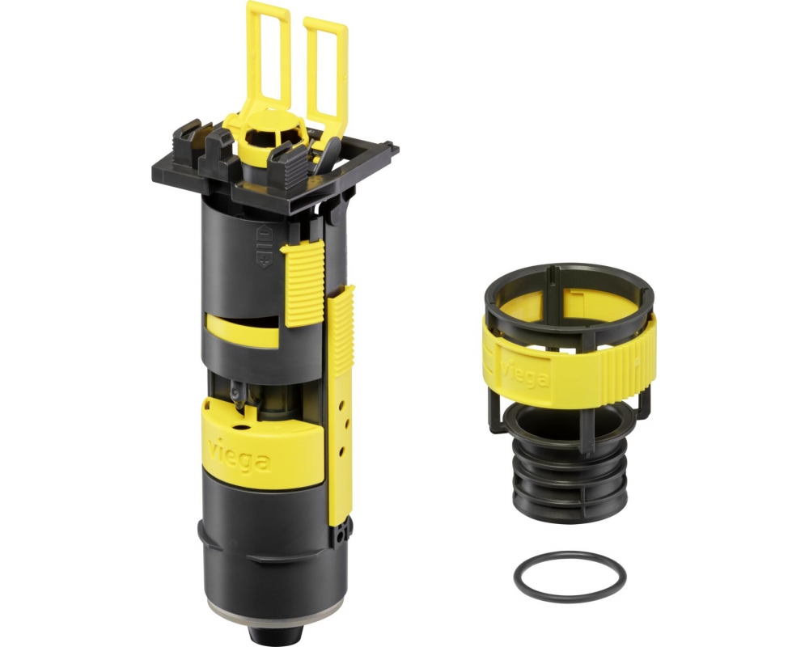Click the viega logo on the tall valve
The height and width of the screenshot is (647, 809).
(238, 455)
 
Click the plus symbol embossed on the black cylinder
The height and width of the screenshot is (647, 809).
(265, 258)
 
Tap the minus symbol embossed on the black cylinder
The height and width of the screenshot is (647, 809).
(263, 235)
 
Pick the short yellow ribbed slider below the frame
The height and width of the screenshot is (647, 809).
(303, 283)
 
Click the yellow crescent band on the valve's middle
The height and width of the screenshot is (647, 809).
(242, 331)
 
